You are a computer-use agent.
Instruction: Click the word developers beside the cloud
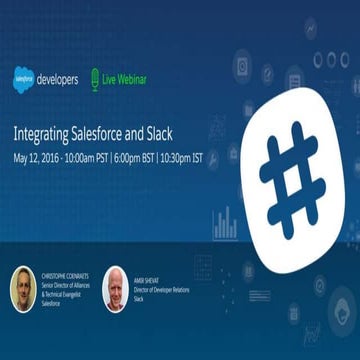click(57, 79)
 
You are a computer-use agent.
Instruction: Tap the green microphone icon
click(94, 78)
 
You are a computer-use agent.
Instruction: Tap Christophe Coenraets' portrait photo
click(23, 289)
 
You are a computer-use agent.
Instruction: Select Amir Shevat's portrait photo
click(115, 289)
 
